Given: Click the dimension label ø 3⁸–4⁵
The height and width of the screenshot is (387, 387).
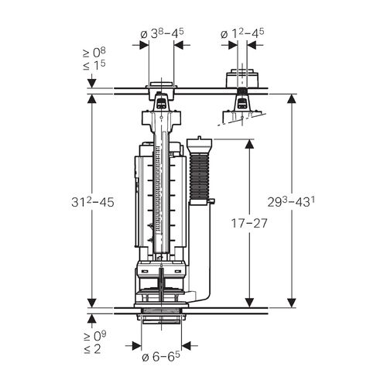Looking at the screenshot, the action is pos(162,34).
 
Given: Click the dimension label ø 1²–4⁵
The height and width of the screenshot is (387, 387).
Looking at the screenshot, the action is pos(242,33).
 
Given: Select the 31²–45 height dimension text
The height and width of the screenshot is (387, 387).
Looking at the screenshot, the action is pos(93,202).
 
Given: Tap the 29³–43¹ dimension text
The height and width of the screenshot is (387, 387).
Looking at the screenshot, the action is pos(291,202).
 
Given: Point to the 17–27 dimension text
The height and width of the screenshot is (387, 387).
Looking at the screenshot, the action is pos(249,223).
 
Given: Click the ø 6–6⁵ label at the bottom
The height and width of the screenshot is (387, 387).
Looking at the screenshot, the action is pos(161,357).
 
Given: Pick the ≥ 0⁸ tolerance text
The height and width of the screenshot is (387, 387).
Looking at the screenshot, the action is pos(94,53).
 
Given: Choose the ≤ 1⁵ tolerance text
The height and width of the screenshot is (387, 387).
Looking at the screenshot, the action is pos(94,66).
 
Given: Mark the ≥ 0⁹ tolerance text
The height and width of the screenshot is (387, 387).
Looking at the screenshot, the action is pos(94,337).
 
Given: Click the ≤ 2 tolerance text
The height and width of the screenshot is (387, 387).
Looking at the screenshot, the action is pos(92,349).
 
